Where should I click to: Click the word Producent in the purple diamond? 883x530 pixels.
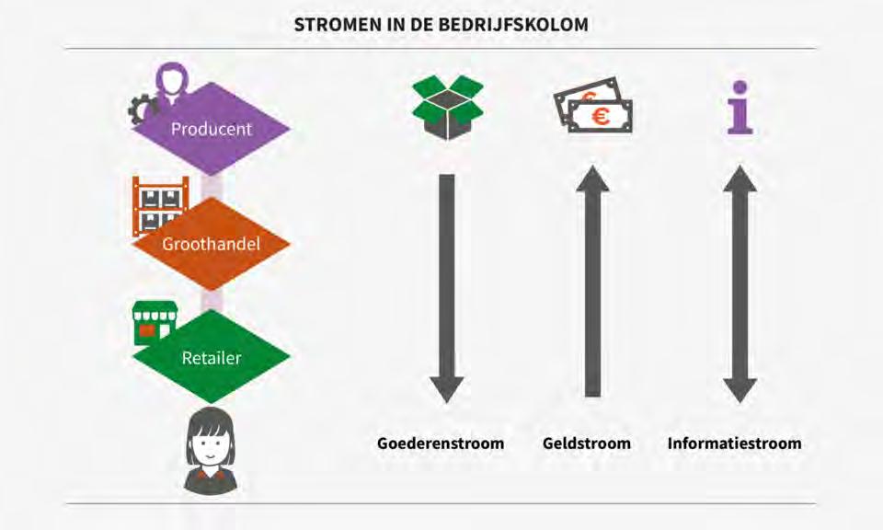(211, 129)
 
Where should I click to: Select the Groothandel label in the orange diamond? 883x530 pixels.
(211, 244)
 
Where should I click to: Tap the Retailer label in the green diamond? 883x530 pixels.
(211, 357)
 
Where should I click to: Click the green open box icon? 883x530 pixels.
(447, 107)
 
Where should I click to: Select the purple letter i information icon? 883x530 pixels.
(739, 108)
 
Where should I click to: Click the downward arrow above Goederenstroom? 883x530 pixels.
(447, 285)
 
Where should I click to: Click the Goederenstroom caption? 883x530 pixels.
(441, 444)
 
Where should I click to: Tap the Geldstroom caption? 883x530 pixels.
(587, 444)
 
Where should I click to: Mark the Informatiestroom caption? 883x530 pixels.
(734, 444)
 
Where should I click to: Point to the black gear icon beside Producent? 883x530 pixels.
(143, 109)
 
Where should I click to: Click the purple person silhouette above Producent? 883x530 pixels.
(172, 79)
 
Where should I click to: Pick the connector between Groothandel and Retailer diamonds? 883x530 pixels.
(212, 298)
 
